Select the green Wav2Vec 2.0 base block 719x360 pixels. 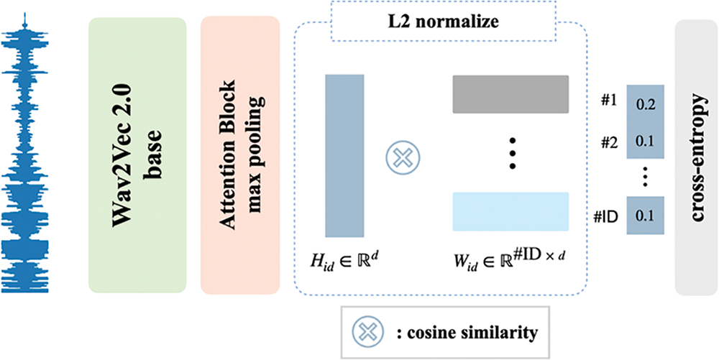137,155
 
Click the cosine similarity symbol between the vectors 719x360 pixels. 403,156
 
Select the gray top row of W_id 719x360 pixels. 510,94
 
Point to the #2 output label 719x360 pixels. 608,140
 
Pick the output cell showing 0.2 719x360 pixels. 645,103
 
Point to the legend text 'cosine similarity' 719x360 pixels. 466,332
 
